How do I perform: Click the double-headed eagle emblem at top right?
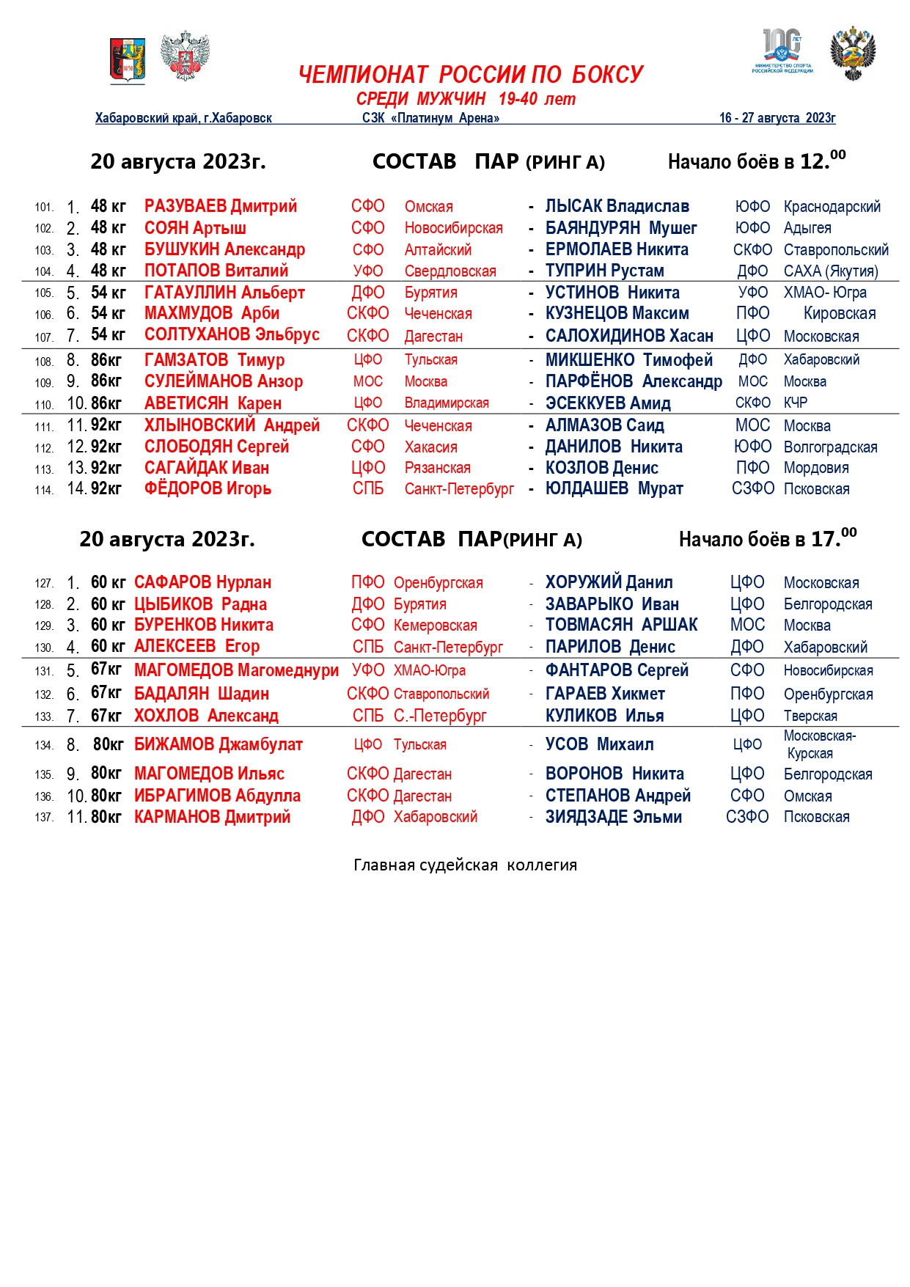click(x=853, y=54)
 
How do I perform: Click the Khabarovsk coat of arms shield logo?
click(x=128, y=59)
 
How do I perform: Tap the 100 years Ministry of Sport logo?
click(x=782, y=51)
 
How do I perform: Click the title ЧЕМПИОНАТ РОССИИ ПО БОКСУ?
click(x=471, y=75)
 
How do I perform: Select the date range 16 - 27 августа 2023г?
click(x=777, y=118)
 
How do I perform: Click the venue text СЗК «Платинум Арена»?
click(x=430, y=118)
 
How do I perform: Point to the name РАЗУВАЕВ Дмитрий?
click(x=221, y=206)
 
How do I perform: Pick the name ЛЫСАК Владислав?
click(x=617, y=206)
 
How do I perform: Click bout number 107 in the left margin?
click(x=44, y=337)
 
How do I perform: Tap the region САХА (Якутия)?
click(x=831, y=271)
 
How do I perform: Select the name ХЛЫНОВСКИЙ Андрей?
click(x=232, y=425)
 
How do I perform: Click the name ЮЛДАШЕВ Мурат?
click(x=614, y=488)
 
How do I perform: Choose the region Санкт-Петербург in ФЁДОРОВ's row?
click(x=459, y=488)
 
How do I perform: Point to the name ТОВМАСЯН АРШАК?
click(x=621, y=625)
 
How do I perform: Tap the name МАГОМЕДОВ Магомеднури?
click(x=236, y=670)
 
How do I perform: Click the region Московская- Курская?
click(x=818, y=744)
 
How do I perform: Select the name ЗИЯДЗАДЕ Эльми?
click(x=613, y=817)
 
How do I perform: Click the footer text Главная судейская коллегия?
click(x=465, y=865)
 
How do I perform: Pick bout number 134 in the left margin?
click(x=44, y=746)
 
